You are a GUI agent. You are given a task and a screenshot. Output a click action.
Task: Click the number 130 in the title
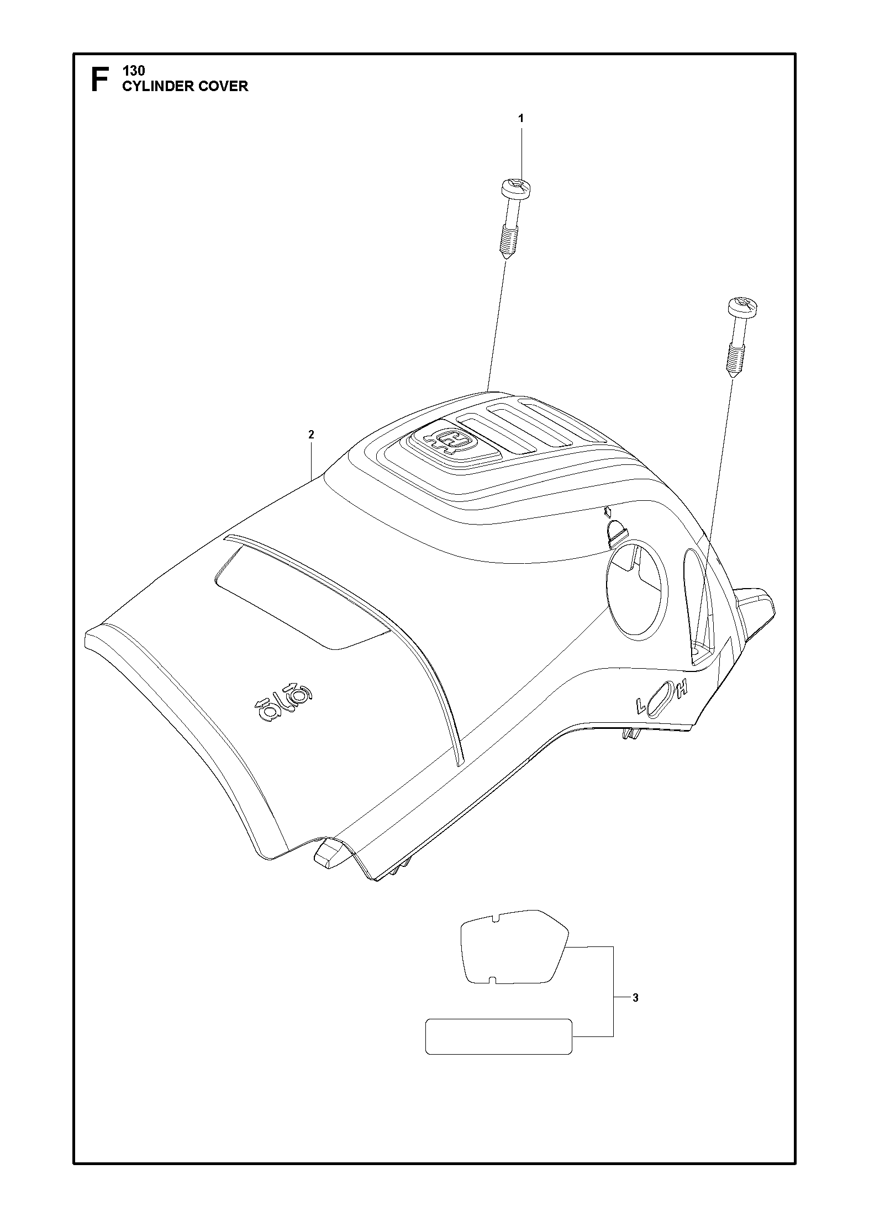[x=133, y=71]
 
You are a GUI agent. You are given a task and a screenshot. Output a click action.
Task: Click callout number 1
[x=520, y=118]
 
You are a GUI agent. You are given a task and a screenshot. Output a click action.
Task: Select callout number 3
[x=635, y=998]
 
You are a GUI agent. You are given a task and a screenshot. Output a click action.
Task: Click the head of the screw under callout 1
[x=516, y=189]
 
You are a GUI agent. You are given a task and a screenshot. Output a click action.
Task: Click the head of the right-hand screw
[x=743, y=305]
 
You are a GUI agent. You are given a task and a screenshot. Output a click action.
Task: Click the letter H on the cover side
[x=683, y=688]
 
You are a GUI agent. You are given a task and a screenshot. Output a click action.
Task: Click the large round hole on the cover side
[x=637, y=590]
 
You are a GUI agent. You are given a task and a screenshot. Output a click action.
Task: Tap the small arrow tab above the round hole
[x=615, y=529]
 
